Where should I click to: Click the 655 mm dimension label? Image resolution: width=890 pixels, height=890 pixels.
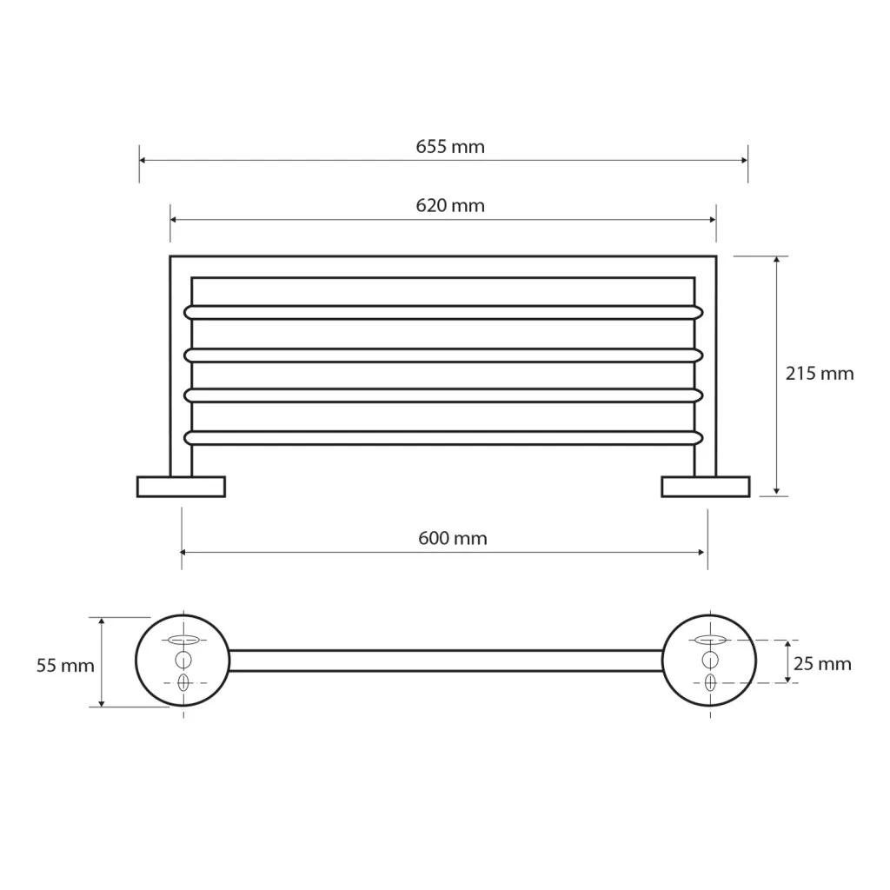[x=450, y=146]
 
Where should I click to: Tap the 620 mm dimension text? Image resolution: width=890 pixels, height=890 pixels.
[x=450, y=205]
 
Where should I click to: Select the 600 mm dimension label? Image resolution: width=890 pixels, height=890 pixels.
[x=452, y=537]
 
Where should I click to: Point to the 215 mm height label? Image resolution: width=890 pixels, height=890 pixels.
[x=819, y=373]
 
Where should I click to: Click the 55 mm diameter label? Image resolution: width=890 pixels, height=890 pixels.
[x=65, y=665]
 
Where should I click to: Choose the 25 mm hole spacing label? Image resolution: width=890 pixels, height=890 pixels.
[x=822, y=663]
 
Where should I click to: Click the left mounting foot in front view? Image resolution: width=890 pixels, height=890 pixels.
[x=181, y=487]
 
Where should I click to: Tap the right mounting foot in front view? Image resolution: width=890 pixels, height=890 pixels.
[x=706, y=487]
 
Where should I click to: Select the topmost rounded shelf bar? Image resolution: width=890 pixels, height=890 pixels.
[x=443, y=312]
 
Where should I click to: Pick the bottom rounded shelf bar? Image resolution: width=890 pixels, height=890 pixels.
[x=443, y=438]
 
